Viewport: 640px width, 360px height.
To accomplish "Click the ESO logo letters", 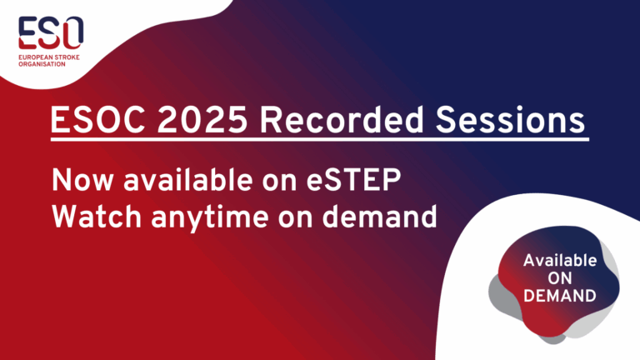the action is (51, 32).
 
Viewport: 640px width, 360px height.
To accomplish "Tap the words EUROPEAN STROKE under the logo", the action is (49, 57).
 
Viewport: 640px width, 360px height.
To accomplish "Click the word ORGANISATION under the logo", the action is (42, 64).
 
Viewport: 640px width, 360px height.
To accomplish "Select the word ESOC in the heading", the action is (97, 120).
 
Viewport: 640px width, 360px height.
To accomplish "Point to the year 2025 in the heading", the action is (202, 120).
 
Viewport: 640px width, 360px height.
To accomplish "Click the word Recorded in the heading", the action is (342, 120).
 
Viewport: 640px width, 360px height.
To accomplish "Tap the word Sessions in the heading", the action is (510, 120).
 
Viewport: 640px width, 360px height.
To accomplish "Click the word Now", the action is (82, 180).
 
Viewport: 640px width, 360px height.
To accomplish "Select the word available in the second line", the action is (187, 180).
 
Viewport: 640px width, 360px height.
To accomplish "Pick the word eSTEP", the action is (353, 180).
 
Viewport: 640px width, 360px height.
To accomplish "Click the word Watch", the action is (97, 217).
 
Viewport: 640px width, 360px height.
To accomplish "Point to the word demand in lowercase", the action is (379, 217).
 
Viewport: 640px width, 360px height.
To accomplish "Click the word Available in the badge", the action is (560, 260).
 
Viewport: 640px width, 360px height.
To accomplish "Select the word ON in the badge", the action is (560, 278).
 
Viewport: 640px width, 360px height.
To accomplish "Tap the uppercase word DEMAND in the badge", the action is (560, 296).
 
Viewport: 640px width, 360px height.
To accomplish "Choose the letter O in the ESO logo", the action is (73, 32).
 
